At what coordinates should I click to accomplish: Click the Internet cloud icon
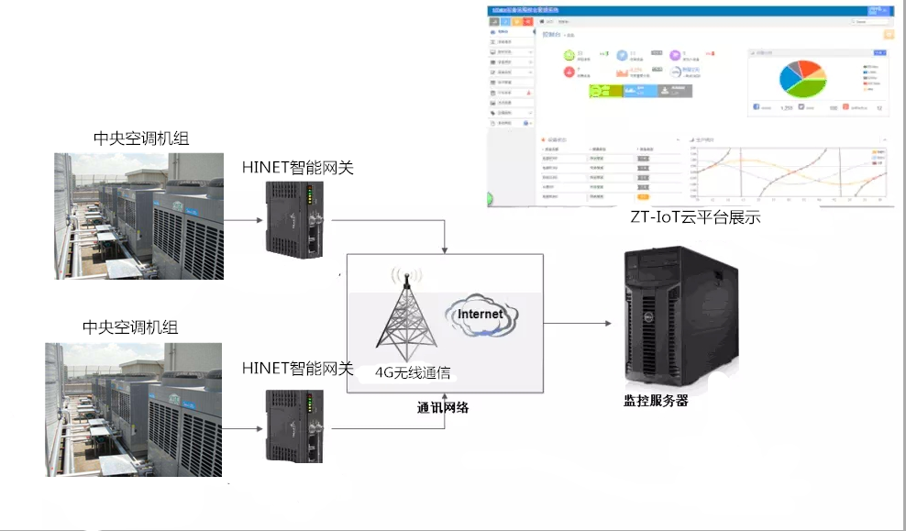point(481,316)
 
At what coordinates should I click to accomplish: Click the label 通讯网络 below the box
point(443,407)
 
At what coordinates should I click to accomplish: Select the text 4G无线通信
point(413,373)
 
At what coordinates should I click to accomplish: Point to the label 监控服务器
point(656,401)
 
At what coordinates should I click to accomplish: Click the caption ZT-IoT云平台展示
point(695,218)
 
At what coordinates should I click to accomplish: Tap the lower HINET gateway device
point(293,426)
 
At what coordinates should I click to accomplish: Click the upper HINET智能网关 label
point(297,167)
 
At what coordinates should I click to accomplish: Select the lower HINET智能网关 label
point(297,368)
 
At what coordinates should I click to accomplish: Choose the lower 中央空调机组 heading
point(130,327)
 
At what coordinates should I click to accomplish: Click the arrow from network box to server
point(578,324)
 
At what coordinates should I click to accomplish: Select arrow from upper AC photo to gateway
point(243,220)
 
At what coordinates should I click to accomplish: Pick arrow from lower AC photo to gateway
point(243,427)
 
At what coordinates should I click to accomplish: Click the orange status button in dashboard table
point(643,196)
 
